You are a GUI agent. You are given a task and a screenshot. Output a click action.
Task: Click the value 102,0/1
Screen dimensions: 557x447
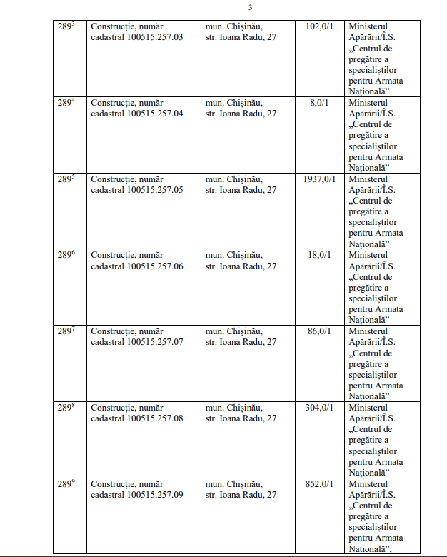coord(318,26)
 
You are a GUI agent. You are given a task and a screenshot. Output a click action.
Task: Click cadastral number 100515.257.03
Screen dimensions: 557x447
coord(155,37)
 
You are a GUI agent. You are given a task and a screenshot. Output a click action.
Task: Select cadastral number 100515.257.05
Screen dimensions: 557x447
coord(155,190)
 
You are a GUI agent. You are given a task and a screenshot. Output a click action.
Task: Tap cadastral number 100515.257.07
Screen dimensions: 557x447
coord(155,342)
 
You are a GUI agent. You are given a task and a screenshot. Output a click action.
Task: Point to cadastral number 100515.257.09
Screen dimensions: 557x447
coord(155,495)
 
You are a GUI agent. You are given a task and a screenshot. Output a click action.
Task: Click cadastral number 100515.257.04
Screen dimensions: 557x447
coord(155,114)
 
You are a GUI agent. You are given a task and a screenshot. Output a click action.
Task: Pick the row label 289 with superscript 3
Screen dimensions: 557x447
coord(67,26)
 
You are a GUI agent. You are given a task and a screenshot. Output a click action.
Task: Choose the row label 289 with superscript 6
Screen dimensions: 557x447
coord(67,256)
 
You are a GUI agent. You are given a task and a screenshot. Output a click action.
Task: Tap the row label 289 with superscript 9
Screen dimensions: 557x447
coord(67,484)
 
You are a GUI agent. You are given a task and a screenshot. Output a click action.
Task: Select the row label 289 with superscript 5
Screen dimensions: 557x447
coord(67,179)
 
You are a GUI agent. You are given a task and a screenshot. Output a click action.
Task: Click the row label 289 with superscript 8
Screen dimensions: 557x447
coord(67,408)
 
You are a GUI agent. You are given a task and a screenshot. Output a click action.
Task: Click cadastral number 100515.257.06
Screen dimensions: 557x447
coord(155,266)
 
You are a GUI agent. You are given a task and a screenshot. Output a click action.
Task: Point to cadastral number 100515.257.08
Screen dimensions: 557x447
coord(155,418)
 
